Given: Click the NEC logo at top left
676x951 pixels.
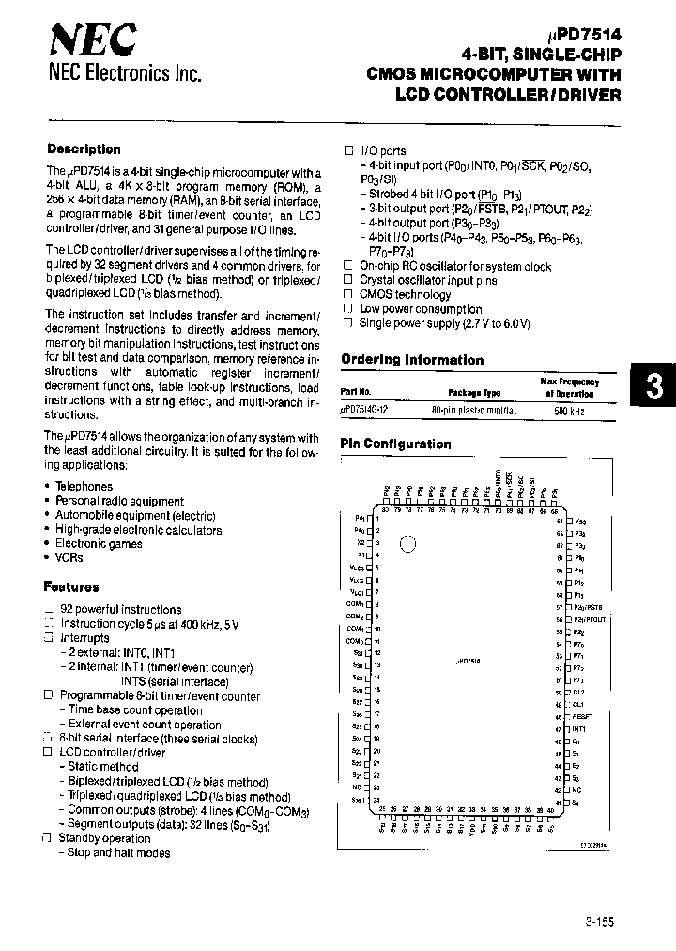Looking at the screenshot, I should click(92, 40).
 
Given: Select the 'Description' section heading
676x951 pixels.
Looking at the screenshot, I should click(84, 149).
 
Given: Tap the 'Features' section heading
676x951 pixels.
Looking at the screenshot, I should click(71, 587).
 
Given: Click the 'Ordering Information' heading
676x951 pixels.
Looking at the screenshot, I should click(412, 360).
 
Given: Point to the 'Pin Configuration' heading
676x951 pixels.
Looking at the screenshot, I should click(395, 444).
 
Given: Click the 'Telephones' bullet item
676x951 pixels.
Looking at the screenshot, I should click(84, 487).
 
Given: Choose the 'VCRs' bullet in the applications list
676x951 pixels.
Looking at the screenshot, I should click(69, 557).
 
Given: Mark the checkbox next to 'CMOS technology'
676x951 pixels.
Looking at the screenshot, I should click(347, 295).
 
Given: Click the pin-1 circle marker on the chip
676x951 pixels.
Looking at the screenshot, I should click(407, 543).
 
